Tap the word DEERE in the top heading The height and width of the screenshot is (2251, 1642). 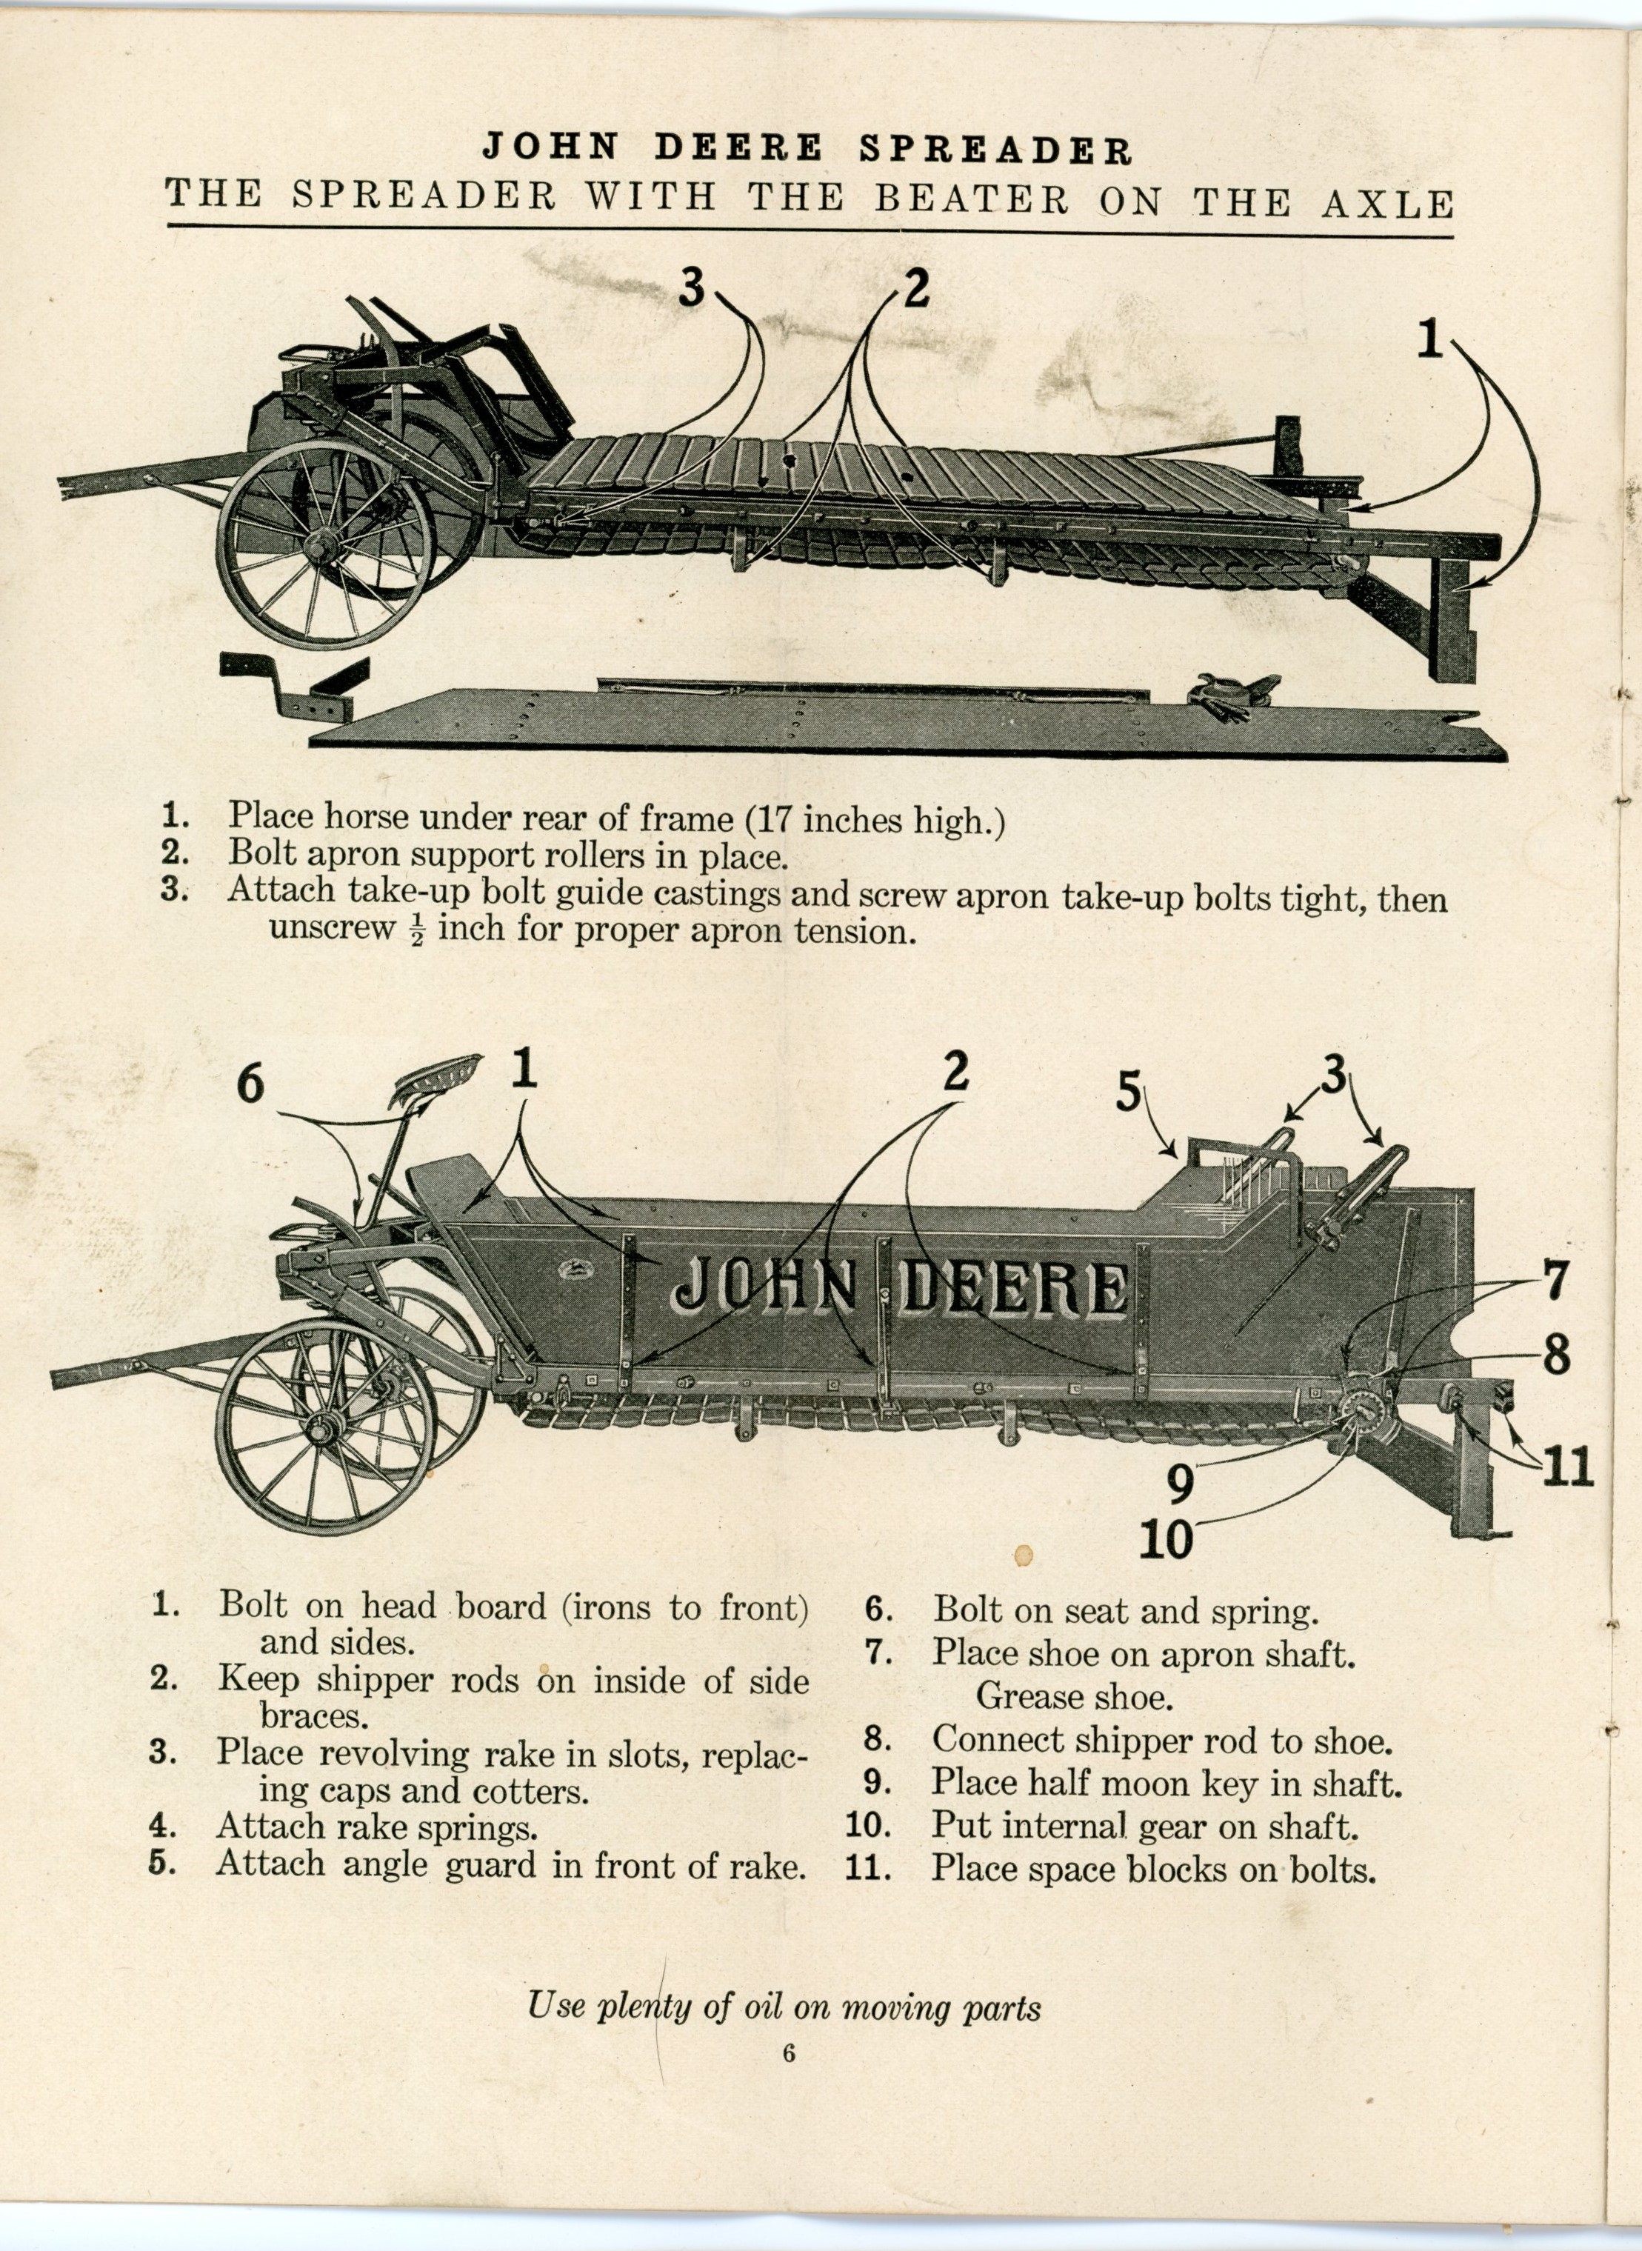tap(738, 148)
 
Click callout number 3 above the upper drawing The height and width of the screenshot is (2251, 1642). tap(692, 288)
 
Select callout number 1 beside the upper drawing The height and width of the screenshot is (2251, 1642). tap(1429, 340)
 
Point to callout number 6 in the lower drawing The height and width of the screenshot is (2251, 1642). tap(250, 1082)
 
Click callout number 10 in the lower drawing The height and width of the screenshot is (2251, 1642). tap(1165, 1539)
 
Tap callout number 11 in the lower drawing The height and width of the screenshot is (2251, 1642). tap(1566, 1467)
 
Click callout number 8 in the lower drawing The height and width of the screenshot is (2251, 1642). tap(1555, 1353)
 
